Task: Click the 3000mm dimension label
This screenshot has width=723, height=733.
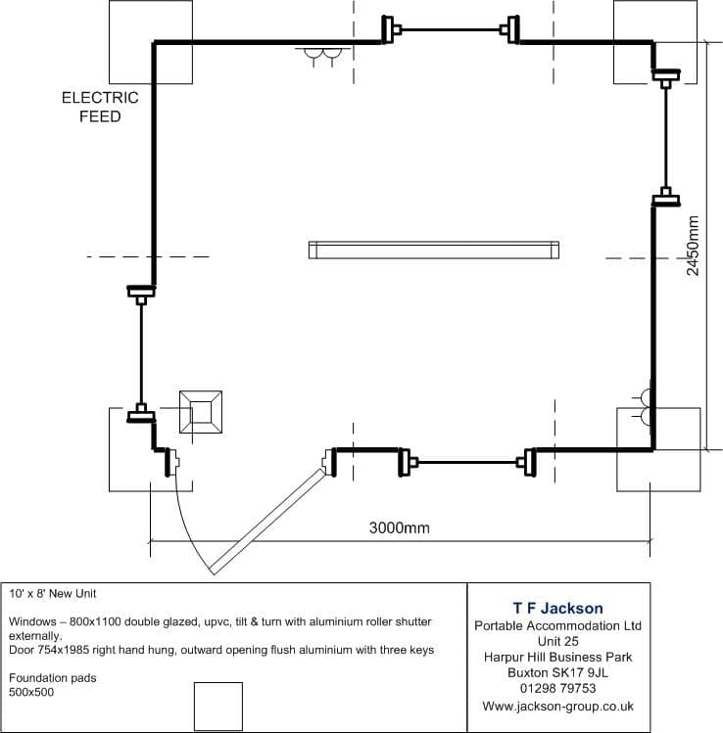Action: coord(399,527)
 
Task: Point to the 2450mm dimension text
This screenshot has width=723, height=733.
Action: coord(693,246)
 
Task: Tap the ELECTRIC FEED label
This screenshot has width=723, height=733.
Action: coord(100,107)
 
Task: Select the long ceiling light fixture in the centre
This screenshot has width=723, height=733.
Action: coord(434,251)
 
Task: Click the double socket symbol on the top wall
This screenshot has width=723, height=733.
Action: coord(322,56)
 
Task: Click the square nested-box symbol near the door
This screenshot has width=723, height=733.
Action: coord(201,412)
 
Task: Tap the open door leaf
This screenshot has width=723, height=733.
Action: coord(267,522)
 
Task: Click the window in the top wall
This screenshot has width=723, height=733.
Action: coord(451,30)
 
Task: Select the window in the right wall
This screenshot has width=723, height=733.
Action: coord(666,138)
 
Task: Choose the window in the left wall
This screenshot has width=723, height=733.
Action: coord(141,354)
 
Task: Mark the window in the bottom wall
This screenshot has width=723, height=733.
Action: coord(467,463)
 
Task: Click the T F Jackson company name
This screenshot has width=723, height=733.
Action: coord(557,608)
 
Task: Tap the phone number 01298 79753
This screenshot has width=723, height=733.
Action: coord(557,688)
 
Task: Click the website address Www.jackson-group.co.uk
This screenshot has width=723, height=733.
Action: coord(557,706)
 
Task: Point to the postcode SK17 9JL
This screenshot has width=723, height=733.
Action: coord(580,672)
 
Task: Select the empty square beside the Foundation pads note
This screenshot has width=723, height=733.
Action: coord(218,707)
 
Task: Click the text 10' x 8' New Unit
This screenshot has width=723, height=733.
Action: coord(52,594)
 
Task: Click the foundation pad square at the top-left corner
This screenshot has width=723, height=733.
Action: coord(151,42)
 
